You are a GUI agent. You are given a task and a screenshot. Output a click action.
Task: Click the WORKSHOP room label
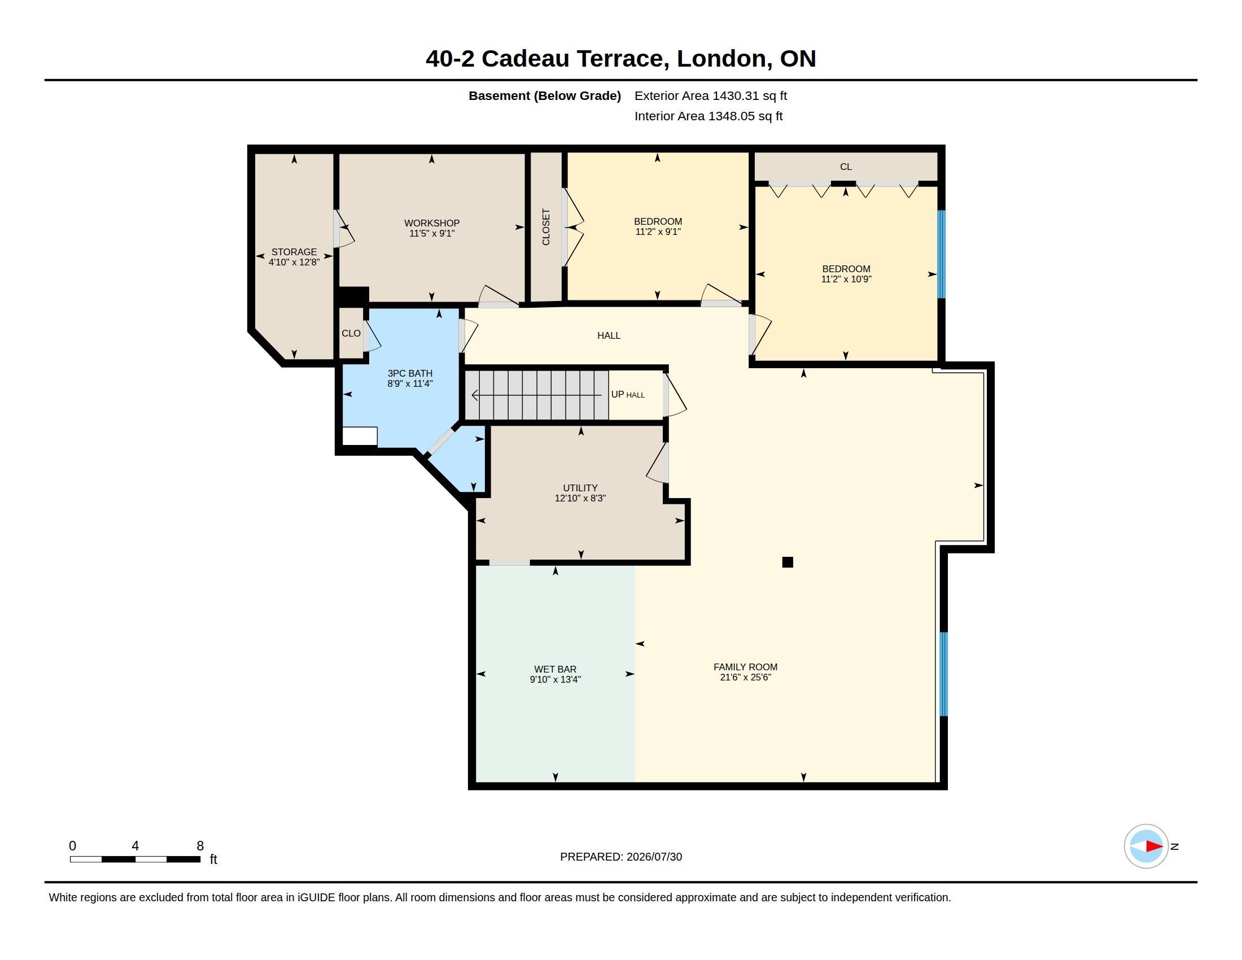(432, 223)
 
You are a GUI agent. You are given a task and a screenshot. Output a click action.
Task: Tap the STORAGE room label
(294, 252)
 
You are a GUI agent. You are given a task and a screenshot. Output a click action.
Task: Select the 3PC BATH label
(410, 374)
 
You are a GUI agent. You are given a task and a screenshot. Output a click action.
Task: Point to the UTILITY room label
(580, 488)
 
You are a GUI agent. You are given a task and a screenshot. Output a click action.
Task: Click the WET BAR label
(555, 669)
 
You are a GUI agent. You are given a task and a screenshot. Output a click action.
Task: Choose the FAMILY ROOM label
(746, 667)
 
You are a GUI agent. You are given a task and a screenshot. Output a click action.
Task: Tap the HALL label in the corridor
(609, 335)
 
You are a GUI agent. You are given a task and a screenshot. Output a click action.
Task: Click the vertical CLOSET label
(546, 227)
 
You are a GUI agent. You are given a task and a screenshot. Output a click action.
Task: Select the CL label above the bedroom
(846, 167)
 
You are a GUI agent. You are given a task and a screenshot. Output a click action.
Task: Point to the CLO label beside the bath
(351, 333)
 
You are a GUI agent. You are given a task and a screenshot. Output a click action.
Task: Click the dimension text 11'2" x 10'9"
(846, 279)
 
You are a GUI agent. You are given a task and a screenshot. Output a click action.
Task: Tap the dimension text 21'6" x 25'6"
(746, 677)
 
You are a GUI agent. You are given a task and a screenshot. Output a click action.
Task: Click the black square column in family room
(788, 562)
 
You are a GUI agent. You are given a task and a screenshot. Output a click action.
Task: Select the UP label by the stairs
(618, 394)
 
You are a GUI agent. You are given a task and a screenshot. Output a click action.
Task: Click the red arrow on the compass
(1154, 846)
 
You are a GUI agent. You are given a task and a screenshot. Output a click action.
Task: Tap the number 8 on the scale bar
(200, 846)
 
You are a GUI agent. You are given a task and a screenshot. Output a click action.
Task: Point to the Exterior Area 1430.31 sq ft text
(711, 95)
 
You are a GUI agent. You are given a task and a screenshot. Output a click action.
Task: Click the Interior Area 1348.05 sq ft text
(709, 116)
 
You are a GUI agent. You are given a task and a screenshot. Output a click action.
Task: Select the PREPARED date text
(621, 857)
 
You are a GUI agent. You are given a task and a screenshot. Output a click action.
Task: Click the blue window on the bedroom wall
(941, 254)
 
